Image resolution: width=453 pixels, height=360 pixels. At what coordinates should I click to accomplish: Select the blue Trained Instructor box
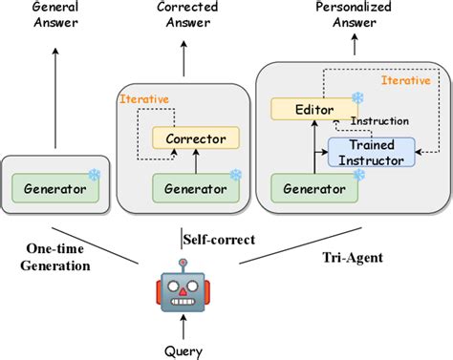pos(372,151)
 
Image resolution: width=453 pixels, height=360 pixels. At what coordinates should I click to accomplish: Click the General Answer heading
pos(54,13)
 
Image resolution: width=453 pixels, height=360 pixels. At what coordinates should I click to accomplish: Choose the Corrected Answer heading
pos(184,13)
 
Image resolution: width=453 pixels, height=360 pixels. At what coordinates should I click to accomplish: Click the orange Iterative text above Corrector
pos(142,98)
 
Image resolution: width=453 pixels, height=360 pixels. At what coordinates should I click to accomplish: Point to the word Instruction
pos(379,122)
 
